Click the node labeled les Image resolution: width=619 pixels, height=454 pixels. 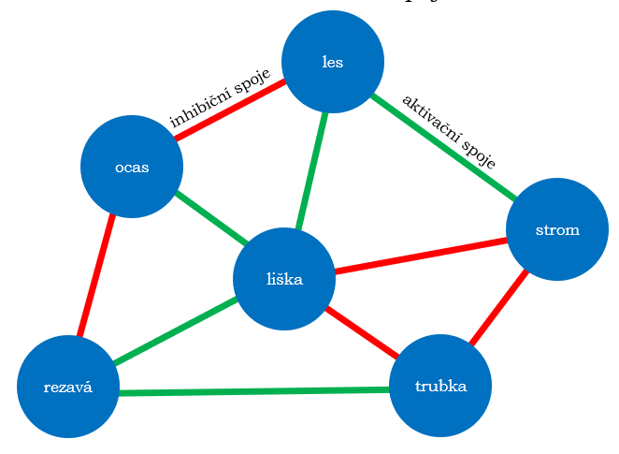(x=332, y=62)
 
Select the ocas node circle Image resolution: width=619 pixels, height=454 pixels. (x=132, y=167)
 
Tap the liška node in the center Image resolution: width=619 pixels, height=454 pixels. (x=283, y=278)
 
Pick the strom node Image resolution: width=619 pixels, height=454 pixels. (x=556, y=229)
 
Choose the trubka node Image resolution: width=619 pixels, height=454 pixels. (x=439, y=386)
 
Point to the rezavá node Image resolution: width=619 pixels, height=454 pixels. (x=67, y=386)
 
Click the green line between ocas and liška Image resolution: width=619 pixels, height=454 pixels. (x=211, y=219)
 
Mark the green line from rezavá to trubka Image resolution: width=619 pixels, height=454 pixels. (x=252, y=390)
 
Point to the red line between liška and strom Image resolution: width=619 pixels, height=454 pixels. (x=421, y=256)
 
